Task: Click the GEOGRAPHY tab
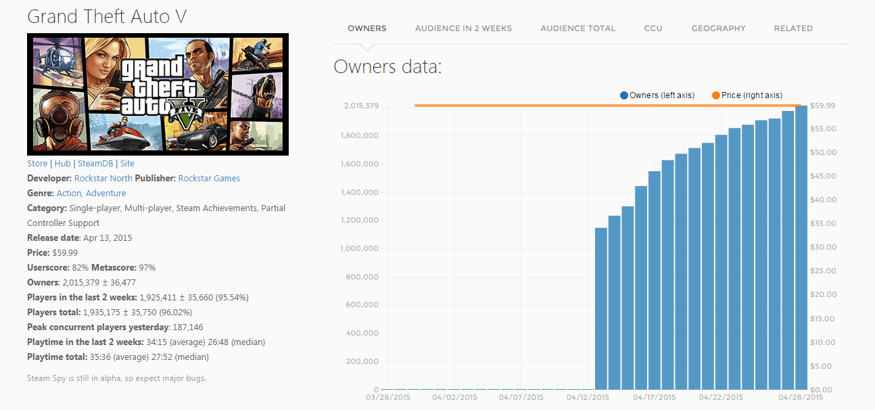(x=718, y=28)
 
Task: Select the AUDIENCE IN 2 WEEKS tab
(x=463, y=28)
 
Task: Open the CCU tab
(x=653, y=28)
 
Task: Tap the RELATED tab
(x=793, y=28)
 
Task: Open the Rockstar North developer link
(x=103, y=179)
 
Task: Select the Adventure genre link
(x=105, y=193)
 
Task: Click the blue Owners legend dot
(x=624, y=95)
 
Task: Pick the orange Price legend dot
(x=716, y=95)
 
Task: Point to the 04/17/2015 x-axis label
(x=654, y=397)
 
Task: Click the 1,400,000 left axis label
(x=359, y=193)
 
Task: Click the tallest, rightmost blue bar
(x=801, y=250)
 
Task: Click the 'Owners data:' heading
(x=387, y=67)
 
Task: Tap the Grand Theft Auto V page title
(x=107, y=17)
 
